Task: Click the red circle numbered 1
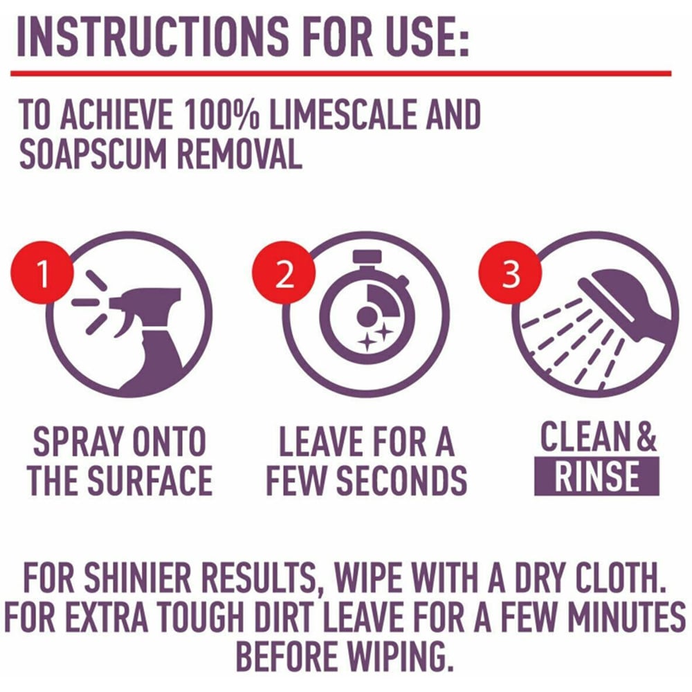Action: tap(42, 273)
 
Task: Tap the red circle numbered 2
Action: tap(284, 273)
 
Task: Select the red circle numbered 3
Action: tap(511, 273)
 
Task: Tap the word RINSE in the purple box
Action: tap(597, 476)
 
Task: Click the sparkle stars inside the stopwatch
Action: tap(375, 338)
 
